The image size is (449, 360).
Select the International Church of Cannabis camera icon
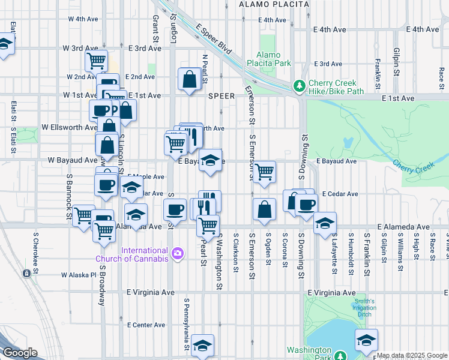(x=178, y=254)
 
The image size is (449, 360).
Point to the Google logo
(x=20, y=353)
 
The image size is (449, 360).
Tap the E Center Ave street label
(x=146, y=325)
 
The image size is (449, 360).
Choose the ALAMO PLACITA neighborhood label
(x=274, y=4)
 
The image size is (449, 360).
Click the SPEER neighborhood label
(x=221, y=96)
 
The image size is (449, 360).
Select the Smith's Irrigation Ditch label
(x=364, y=308)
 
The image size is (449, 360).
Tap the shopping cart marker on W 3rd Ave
(x=97, y=61)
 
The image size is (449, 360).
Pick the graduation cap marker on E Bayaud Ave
(x=210, y=160)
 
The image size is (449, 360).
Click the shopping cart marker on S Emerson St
(x=264, y=172)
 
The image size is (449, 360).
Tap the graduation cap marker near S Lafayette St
(x=325, y=223)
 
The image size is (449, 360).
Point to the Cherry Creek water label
(x=412, y=163)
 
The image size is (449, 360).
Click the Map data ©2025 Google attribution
(x=412, y=355)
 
